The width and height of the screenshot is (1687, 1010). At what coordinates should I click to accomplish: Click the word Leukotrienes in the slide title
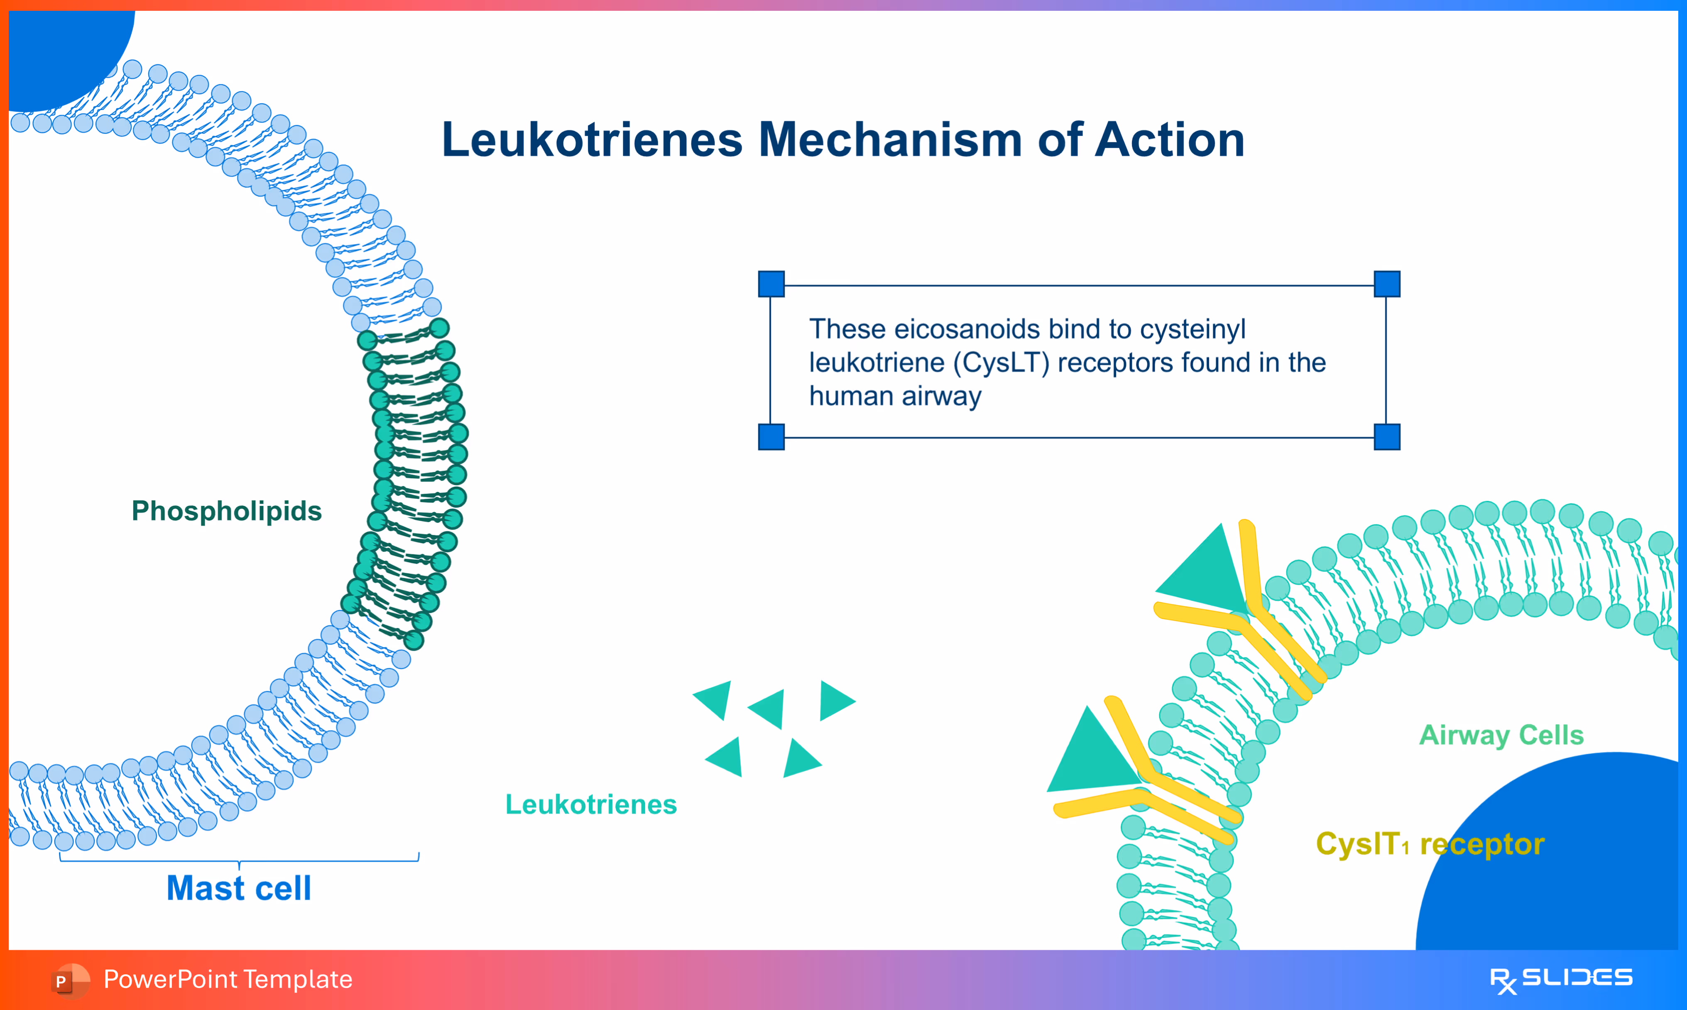click(592, 140)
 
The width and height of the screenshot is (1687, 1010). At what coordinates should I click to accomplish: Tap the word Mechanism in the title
click(890, 140)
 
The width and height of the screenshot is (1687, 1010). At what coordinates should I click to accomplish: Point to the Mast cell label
click(239, 888)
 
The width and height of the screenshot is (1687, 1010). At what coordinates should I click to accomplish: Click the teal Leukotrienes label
click(590, 804)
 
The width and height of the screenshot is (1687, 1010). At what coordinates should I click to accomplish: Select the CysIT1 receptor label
click(1430, 845)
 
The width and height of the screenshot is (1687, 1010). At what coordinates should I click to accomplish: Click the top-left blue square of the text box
click(771, 284)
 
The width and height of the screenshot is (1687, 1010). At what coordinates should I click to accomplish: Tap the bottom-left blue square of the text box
click(771, 437)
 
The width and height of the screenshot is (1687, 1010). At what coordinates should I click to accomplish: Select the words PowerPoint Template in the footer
click(228, 979)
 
